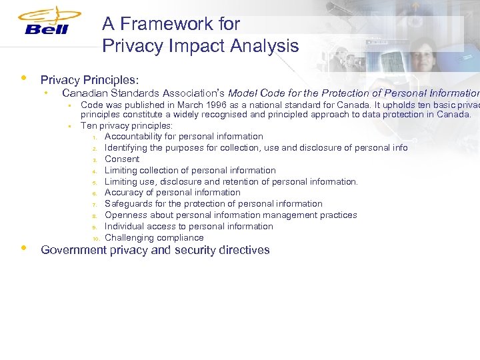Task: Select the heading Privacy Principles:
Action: pyautogui.click(x=89, y=79)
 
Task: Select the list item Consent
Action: pyautogui.click(x=122, y=159)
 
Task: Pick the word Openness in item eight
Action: pyautogui.click(x=126, y=215)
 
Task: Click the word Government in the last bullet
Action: pyautogui.click(x=73, y=250)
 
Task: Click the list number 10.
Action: pyautogui.click(x=95, y=239)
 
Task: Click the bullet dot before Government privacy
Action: pyautogui.click(x=24, y=248)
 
